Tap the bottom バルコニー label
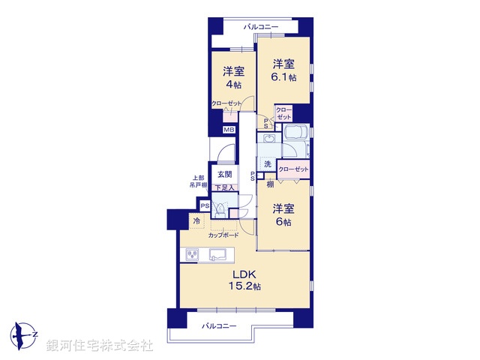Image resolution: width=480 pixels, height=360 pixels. pos(219,326)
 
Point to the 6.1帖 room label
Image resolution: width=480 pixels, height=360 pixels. pos(283,70)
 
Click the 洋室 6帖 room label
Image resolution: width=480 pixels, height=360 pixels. pos(283,214)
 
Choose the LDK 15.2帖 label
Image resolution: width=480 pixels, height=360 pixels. pos(244,280)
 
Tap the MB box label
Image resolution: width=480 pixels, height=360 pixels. pos(229,130)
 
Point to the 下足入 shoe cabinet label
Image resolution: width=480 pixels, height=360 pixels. pos(225,187)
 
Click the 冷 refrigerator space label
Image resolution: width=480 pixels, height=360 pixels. pos(196,221)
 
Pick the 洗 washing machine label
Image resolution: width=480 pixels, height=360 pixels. pos(266,164)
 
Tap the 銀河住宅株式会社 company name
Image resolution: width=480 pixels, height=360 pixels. pos(100,346)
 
